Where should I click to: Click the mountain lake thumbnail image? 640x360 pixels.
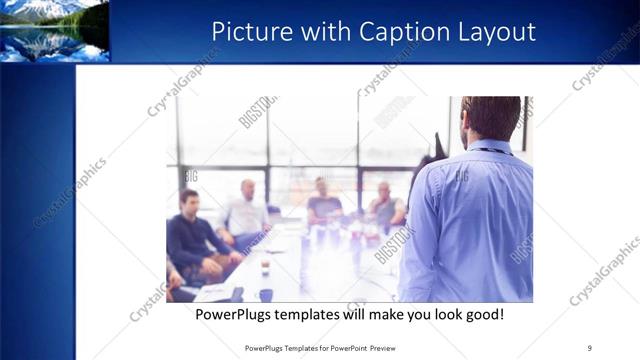click(54, 31)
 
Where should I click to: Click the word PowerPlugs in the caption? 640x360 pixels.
click(233, 315)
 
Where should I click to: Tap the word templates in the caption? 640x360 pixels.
click(308, 315)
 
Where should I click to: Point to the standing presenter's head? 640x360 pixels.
click(491, 117)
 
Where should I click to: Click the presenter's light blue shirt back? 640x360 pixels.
click(470, 220)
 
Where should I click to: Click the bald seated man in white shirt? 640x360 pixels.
click(246, 213)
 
